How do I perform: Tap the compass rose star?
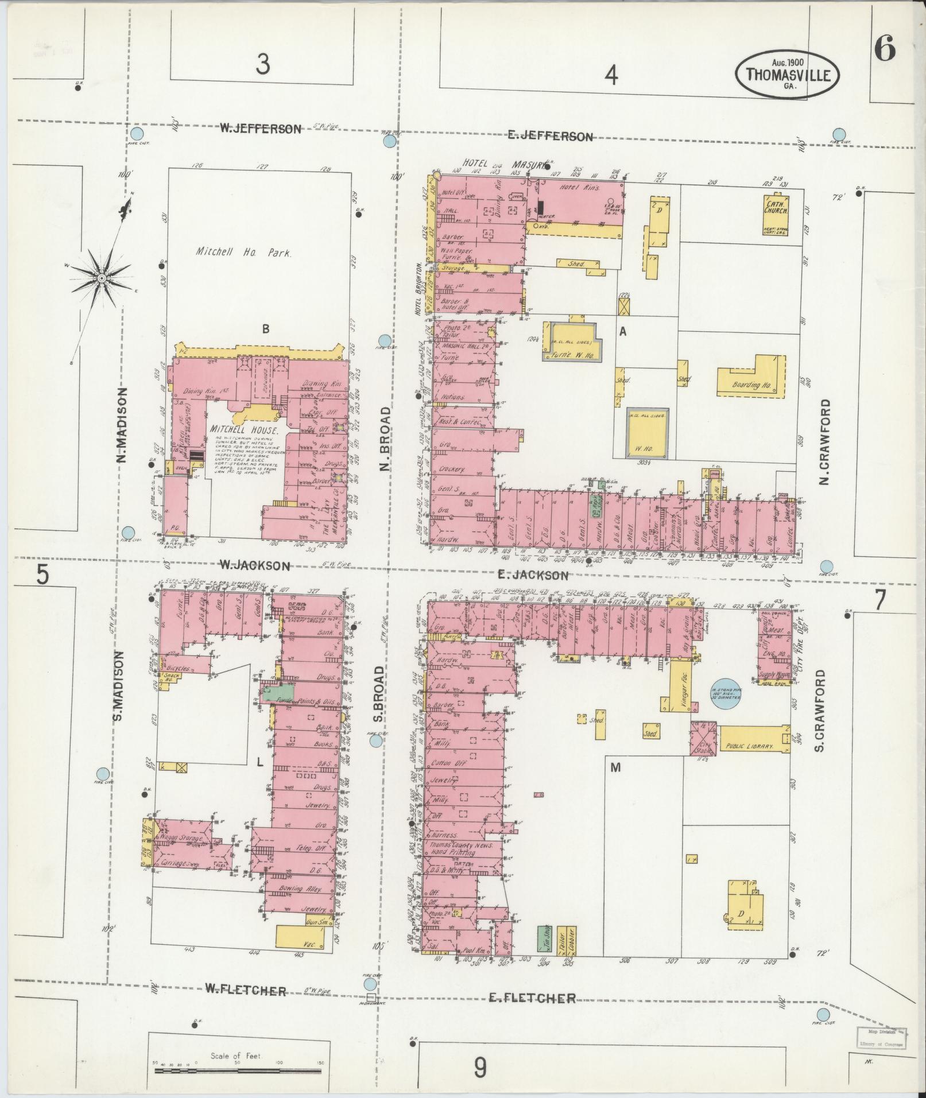(x=101, y=278)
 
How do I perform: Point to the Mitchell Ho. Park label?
(x=244, y=252)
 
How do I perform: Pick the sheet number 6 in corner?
(x=885, y=49)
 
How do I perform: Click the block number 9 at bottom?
(x=480, y=1068)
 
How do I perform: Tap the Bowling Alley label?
(x=299, y=905)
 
